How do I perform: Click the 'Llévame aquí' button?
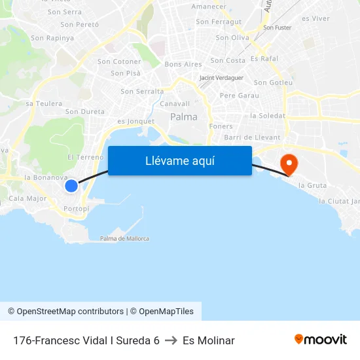click(x=180, y=161)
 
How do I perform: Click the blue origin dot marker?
click(x=71, y=186)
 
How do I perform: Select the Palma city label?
click(x=183, y=117)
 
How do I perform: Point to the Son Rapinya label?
click(x=52, y=38)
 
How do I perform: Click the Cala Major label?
click(x=27, y=198)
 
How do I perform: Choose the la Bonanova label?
click(x=46, y=177)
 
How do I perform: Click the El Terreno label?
click(x=85, y=157)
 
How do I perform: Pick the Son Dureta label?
click(x=85, y=111)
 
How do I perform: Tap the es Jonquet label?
click(x=135, y=121)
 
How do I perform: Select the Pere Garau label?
click(x=240, y=96)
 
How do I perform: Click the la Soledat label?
click(x=268, y=116)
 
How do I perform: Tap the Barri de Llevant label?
click(x=252, y=137)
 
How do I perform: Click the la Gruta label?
click(x=312, y=185)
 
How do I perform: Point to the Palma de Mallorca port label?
click(x=124, y=239)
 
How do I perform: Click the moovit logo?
click(x=321, y=340)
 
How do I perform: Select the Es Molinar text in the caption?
click(x=209, y=340)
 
